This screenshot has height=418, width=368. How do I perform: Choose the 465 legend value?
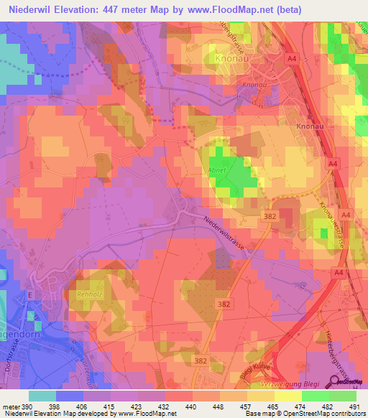[272, 406]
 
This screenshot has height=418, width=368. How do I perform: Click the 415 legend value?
[112, 406]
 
